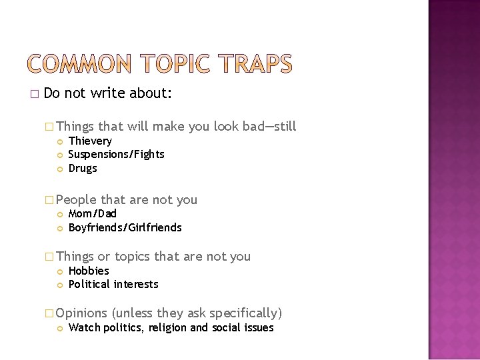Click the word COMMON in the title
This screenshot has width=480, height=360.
[x=80, y=64]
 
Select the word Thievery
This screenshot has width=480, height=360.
[x=90, y=141]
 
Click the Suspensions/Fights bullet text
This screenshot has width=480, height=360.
[x=116, y=155]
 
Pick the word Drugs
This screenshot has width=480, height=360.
[x=83, y=168]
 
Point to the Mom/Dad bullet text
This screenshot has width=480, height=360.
[x=92, y=213]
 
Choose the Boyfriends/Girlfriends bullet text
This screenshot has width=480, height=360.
[x=125, y=227]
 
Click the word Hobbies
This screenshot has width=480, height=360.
[x=89, y=271]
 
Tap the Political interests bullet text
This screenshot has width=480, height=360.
[x=113, y=284]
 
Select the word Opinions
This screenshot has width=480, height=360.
[x=82, y=313]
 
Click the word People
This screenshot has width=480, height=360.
[x=77, y=200]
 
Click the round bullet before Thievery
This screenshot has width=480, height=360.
[x=60, y=141]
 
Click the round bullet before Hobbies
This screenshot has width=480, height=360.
[x=60, y=271]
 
